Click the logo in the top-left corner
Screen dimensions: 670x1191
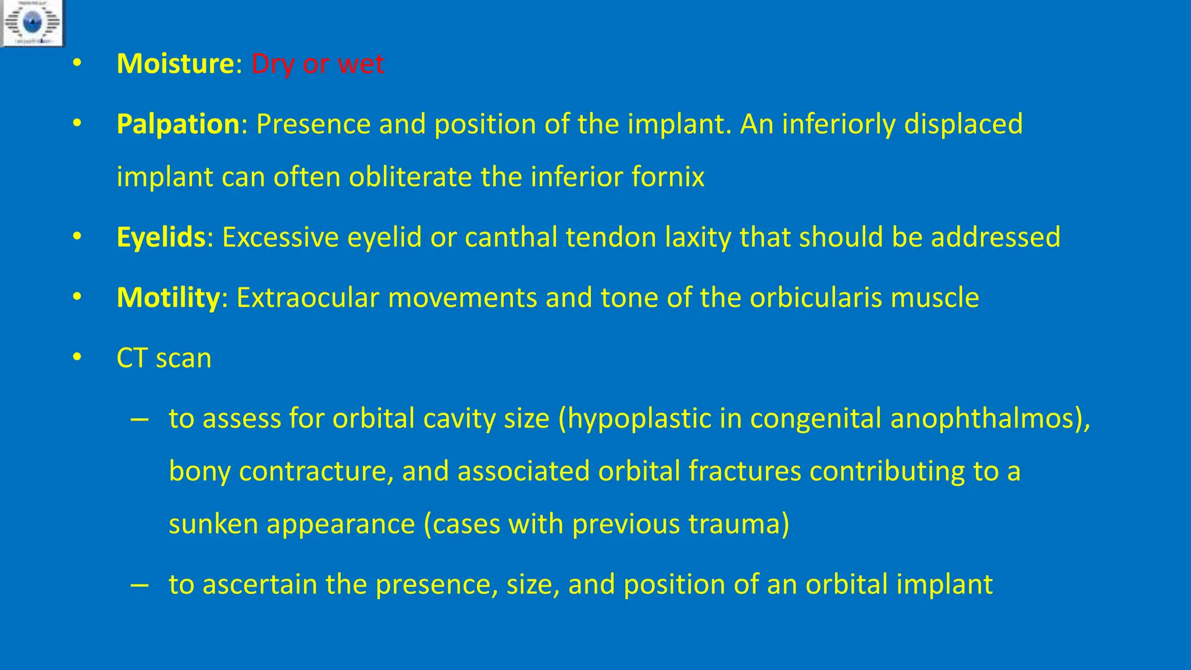[x=32, y=23]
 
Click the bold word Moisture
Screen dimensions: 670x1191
[x=175, y=63]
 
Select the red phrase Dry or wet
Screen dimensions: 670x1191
[x=318, y=63]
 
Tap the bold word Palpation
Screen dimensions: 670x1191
[x=178, y=124]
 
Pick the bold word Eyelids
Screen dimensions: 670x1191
[x=161, y=237]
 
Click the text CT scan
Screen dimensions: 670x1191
[x=164, y=358]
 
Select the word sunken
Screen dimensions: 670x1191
[x=213, y=523]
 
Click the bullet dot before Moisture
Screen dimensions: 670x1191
[x=77, y=63]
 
